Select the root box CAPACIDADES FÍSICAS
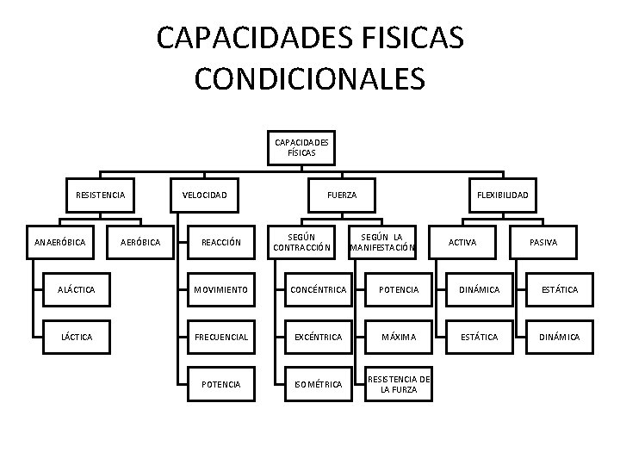[301, 147]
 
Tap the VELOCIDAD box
[205, 195]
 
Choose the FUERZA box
[342, 195]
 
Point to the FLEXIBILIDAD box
[503, 195]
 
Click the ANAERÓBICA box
[60, 242]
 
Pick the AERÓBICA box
[139, 242]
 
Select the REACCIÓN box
[221, 242]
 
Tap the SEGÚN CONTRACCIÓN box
[301, 242]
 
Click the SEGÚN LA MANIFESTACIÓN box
[381, 242]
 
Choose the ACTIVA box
[462, 242]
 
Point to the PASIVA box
[543, 242]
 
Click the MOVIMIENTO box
[221, 290]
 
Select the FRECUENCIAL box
[221, 337]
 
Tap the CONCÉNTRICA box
[318, 290]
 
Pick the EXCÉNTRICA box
[318, 337]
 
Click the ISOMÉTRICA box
[318, 383]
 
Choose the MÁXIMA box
[399, 337]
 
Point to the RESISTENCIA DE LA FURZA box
[399, 384]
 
